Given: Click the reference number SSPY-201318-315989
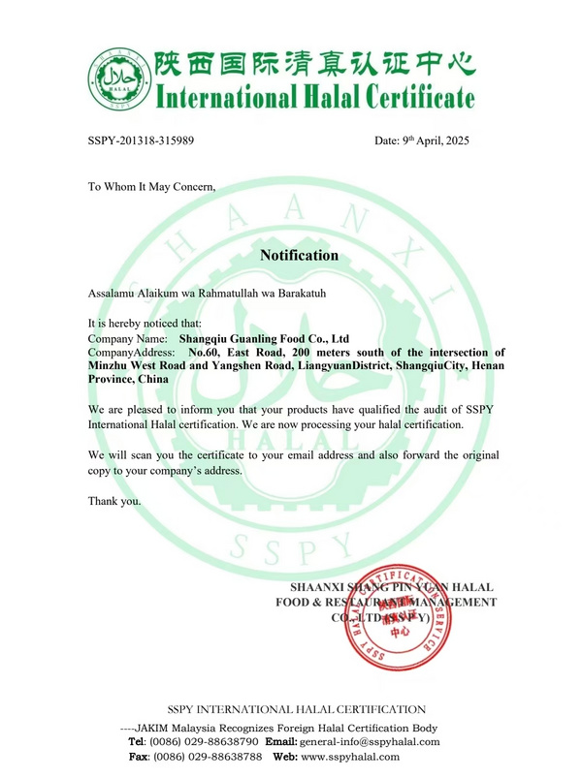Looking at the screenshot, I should pyautogui.click(x=141, y=140).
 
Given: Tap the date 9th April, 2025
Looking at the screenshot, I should pyautogui.click(x=422, y=140).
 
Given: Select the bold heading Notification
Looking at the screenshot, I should pyautogui.click(x=299, y=256).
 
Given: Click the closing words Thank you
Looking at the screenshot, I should pyautogui.click(x=114, y=501).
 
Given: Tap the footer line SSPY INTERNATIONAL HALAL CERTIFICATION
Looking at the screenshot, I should pyautogui.click(x=297, y=710).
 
